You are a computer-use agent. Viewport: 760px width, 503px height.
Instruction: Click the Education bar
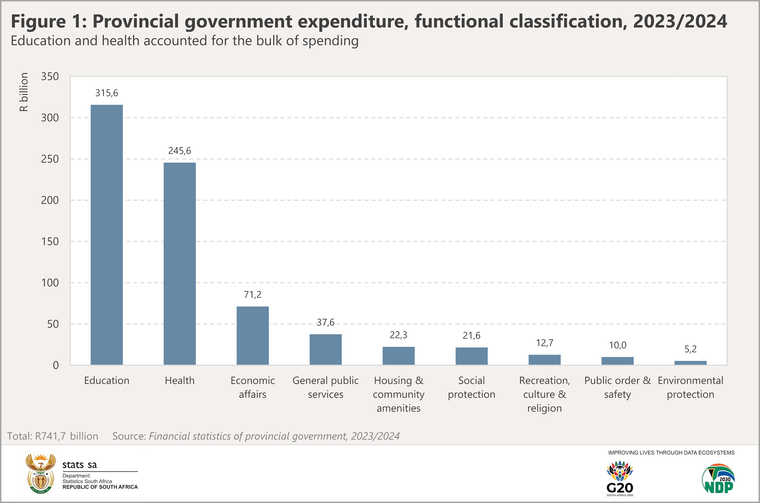pyautogui.click(x=107, y=234)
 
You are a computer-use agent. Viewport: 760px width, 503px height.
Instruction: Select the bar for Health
pyautogui.click(x=179, y=263)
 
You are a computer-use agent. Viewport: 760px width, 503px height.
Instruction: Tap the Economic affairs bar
pyautogui.click(x=252, y=336)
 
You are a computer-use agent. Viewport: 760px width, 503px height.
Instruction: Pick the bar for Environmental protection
pyautogui.click(x=690, y=363)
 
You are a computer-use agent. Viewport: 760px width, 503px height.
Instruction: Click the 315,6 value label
pyautogui.click(x=107, y=93)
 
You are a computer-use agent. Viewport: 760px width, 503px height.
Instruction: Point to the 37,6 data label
pyautogui.click(x=326, y=322)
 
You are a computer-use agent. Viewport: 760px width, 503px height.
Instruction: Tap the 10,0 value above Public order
pyautogui.click(x=617, y=345)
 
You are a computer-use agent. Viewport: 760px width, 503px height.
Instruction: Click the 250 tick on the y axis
pyautogui.click(x=50, y=159)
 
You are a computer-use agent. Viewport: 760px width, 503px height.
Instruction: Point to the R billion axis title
pyautogui.click(x=24, y=92)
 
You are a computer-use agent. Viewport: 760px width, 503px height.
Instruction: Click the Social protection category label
pyautogui.click(x=471, y=387)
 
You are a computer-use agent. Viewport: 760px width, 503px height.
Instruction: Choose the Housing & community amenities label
pyautogui.click(x=399, y=394)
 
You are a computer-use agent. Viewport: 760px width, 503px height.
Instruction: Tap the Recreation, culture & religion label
pyautogui.click(x=544, y=394)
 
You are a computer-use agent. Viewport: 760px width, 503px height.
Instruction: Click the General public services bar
pyautogui.click(x=326, y=349)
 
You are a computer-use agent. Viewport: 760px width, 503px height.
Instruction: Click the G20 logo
pyautogui.click(x=620, y=478)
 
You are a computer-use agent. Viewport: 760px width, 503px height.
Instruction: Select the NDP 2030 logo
pyautogui.click(x=718, y=478)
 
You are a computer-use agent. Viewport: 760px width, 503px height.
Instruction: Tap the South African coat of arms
pyautogui.click(x=40, y=474)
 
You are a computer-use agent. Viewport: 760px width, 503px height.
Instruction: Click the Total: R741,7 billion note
pyautogui.click(x=53, y=436)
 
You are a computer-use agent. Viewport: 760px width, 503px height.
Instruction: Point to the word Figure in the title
pyautogui.click(x=38, y=21)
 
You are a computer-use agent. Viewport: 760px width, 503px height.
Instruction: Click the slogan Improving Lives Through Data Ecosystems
pyautogui.click(x=671, y=453)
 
